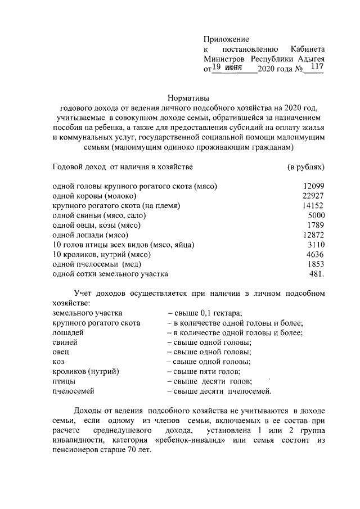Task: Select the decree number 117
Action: pyautogui.click(x=316, y=67)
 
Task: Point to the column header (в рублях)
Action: pyautogui.click(x=306, y=167)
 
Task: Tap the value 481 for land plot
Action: pyautogui.click(x=316, y=274)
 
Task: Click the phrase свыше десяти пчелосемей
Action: pyautogui.click(x=219, y=390)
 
